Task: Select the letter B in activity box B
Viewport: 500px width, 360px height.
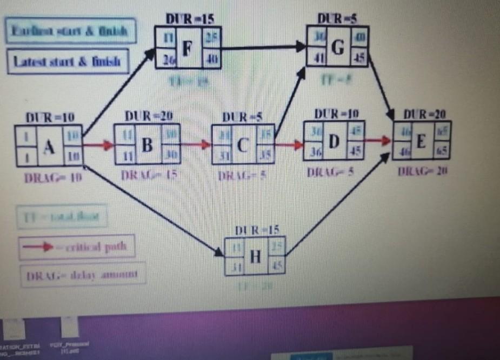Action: click(x=146, y=145)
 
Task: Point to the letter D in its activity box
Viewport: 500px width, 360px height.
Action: click(x=334, y=142)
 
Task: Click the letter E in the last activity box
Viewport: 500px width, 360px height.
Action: click(x=422, y=141)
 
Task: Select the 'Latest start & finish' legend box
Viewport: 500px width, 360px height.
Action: click(x=68, y=62)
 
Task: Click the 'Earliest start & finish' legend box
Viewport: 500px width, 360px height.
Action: click(x=69, y=31)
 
